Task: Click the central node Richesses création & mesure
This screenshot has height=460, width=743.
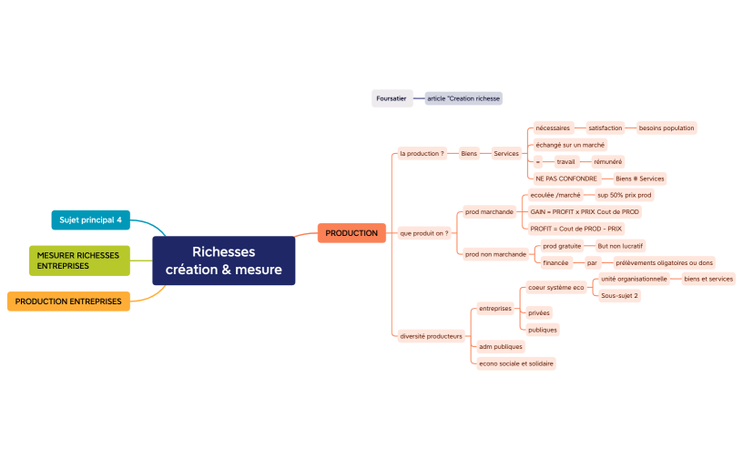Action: click(x=223, y=261)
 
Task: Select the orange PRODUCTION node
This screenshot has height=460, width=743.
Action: click(x=351, y=233)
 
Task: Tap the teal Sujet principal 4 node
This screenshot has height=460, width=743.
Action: click(x=90, y=220)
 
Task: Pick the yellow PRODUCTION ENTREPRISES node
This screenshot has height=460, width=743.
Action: click(x=68, y=301)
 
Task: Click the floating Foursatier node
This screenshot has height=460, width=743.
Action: click(x=392, y=98)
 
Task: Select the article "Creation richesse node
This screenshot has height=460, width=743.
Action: click(x=463, y=98)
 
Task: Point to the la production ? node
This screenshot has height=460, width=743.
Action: click(x=422, y=153)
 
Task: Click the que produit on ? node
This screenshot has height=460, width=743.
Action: click(x=424, y=233)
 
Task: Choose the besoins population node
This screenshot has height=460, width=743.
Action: click(x=666, y=128)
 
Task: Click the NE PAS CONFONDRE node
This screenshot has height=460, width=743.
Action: click(x=565, y=179)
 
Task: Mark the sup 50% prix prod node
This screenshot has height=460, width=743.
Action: click(x=625, y=195)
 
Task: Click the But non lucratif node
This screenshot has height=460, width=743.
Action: click(x=620, y=246)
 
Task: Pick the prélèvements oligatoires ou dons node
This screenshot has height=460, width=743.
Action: click(x=664, y=262)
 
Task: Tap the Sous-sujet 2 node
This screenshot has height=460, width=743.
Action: click(x=620, y=295)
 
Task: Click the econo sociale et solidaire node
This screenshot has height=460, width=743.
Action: click(x=516, y=363)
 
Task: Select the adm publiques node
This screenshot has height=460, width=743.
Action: click(x=501, y=346)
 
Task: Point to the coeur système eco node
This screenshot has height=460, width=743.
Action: click(x=556, y=287)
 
